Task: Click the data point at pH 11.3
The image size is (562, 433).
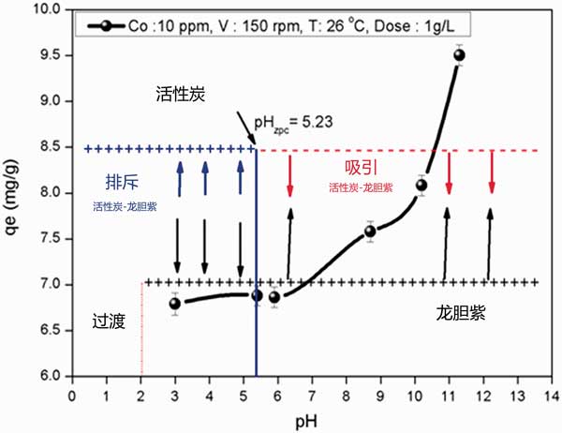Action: pos(459,54)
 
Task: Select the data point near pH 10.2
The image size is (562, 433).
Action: pos(421,185)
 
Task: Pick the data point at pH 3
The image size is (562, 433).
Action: pos(175,302)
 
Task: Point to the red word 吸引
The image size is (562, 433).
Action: pos(361,167)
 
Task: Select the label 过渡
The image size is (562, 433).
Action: pos(108,321)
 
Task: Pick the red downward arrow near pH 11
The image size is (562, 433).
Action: pos(450,173)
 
